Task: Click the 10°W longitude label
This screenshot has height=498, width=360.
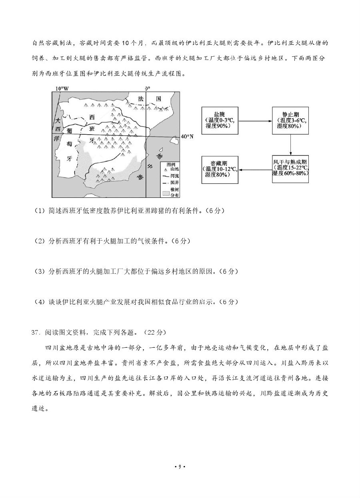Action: [x=62, y=88]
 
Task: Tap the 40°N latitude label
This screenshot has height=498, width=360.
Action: [x=187, y=136]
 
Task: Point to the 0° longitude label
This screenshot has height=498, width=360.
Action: [x=147, y=88]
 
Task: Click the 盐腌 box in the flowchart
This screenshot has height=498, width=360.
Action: [x=220, y=120]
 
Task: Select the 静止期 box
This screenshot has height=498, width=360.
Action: [x=290, y=120]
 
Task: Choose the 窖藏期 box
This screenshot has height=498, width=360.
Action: [x=220, y=170]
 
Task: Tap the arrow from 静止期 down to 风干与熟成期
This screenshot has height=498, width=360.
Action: [x=290, y=144]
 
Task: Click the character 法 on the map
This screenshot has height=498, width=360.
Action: [x=140, y=99]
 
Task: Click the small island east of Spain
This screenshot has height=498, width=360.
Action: [x=174, y=140]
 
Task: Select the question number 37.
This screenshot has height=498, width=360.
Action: [x=36, y=332]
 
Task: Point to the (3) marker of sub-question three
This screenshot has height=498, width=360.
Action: [x=40, y=271]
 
